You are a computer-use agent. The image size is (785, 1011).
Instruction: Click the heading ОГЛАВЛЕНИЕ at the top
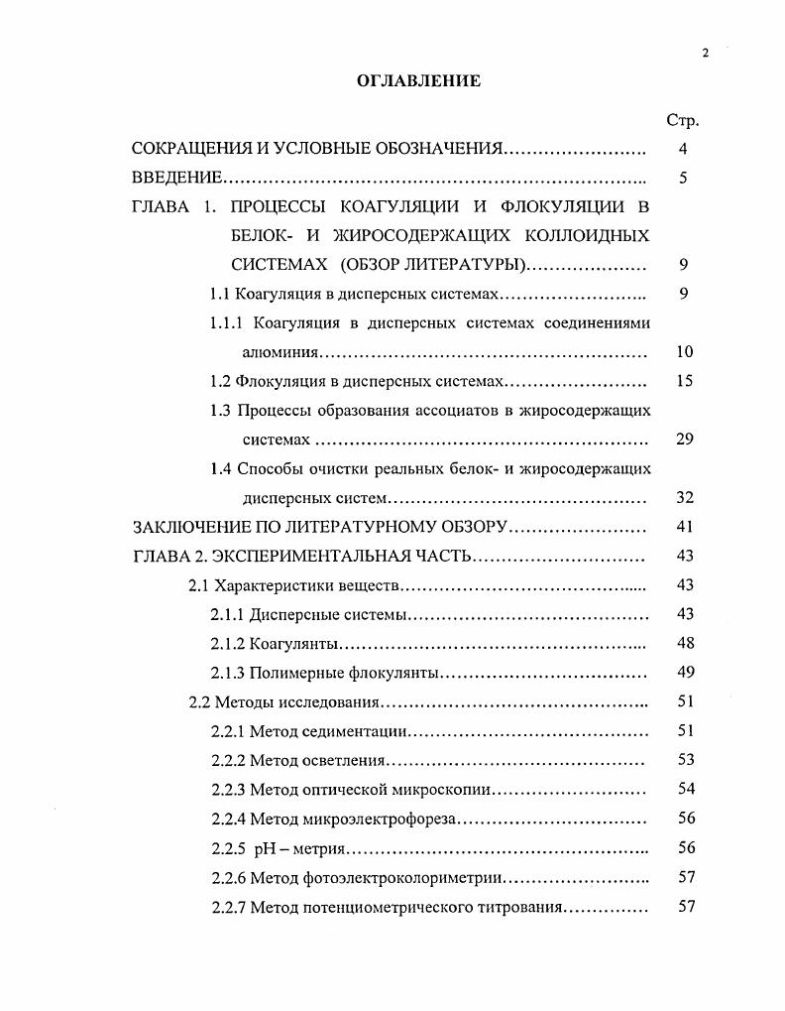[x=418, y=81]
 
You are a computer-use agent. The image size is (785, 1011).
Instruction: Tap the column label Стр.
[x=683, y=121]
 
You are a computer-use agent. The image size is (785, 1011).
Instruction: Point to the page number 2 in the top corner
[x=706, y=54]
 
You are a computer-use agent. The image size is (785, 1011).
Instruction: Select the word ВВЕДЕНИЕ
[x=175, y=179]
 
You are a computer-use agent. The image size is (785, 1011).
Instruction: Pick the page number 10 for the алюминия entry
[x=684, y=352]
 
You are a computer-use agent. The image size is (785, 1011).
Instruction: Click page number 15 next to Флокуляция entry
[x=684, y=381]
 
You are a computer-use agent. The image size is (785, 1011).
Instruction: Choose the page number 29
[x=684, y=440]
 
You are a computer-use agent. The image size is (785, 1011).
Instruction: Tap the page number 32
[x=684, y=498]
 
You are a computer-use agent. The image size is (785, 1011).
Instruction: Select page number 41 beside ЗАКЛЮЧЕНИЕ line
[x=684, y=527]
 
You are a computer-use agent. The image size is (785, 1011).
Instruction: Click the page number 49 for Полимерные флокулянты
[x=684, y=673]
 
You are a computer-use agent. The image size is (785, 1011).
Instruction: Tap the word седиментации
[x=356, y=732]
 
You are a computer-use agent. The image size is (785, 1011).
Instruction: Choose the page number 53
[x=684, y=761]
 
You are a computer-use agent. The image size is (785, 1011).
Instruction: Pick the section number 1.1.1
[x=227, y=322]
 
